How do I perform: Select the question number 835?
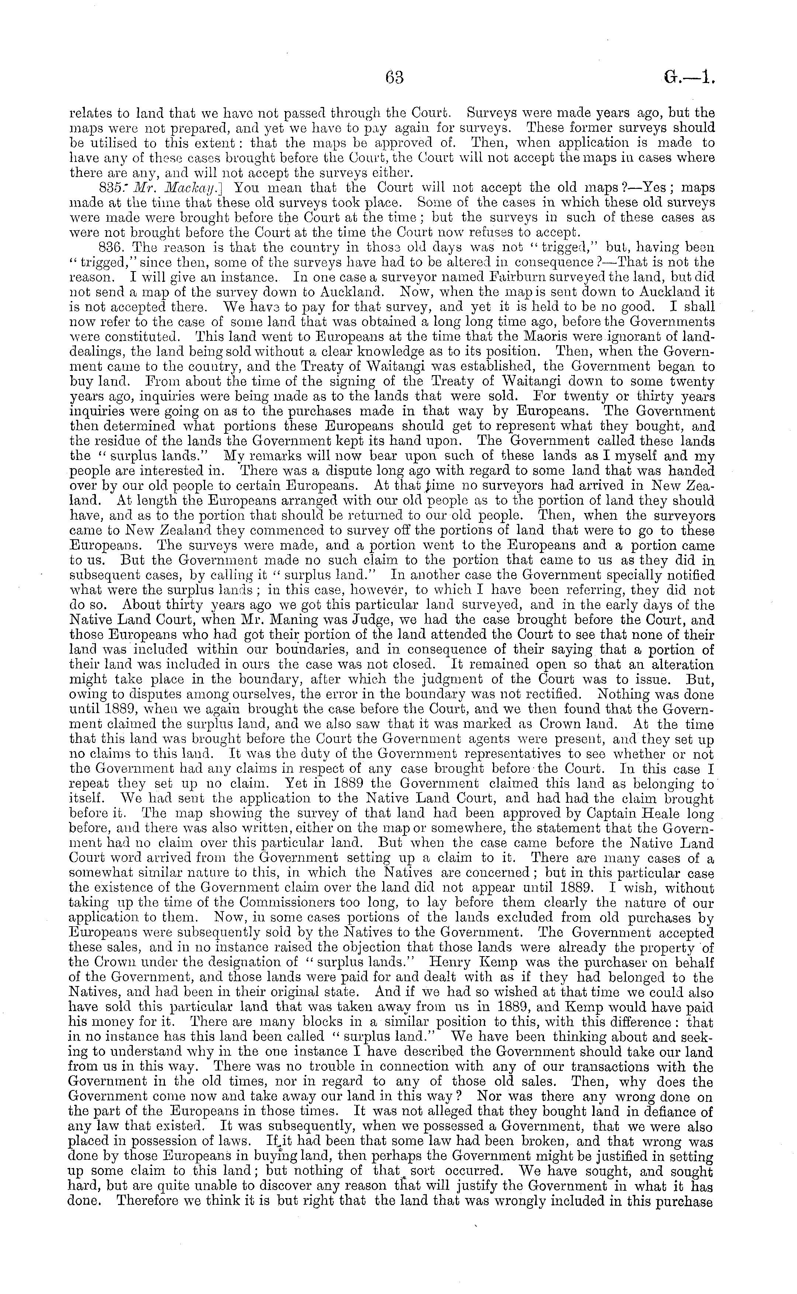[x=111, y=187]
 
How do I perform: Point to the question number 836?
[x=111, y=247]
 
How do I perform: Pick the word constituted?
[x=138, y=336]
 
